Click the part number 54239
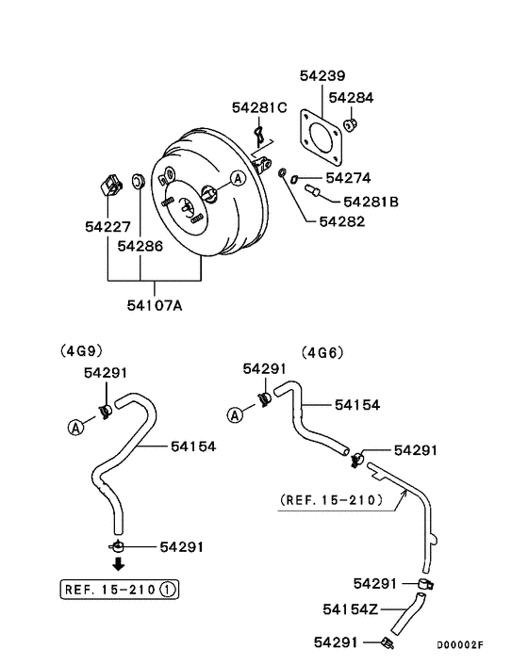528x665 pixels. (x=322, y=76)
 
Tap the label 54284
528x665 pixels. (x=351, y=98)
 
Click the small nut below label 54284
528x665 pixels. (x=350, y=124)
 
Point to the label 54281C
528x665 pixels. (x=259, y=107)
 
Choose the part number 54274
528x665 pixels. (x=349, y=178)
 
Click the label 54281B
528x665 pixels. (x=371, y=202)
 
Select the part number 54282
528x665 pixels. (x=342, y=221)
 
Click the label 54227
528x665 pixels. (x=107, y=227)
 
